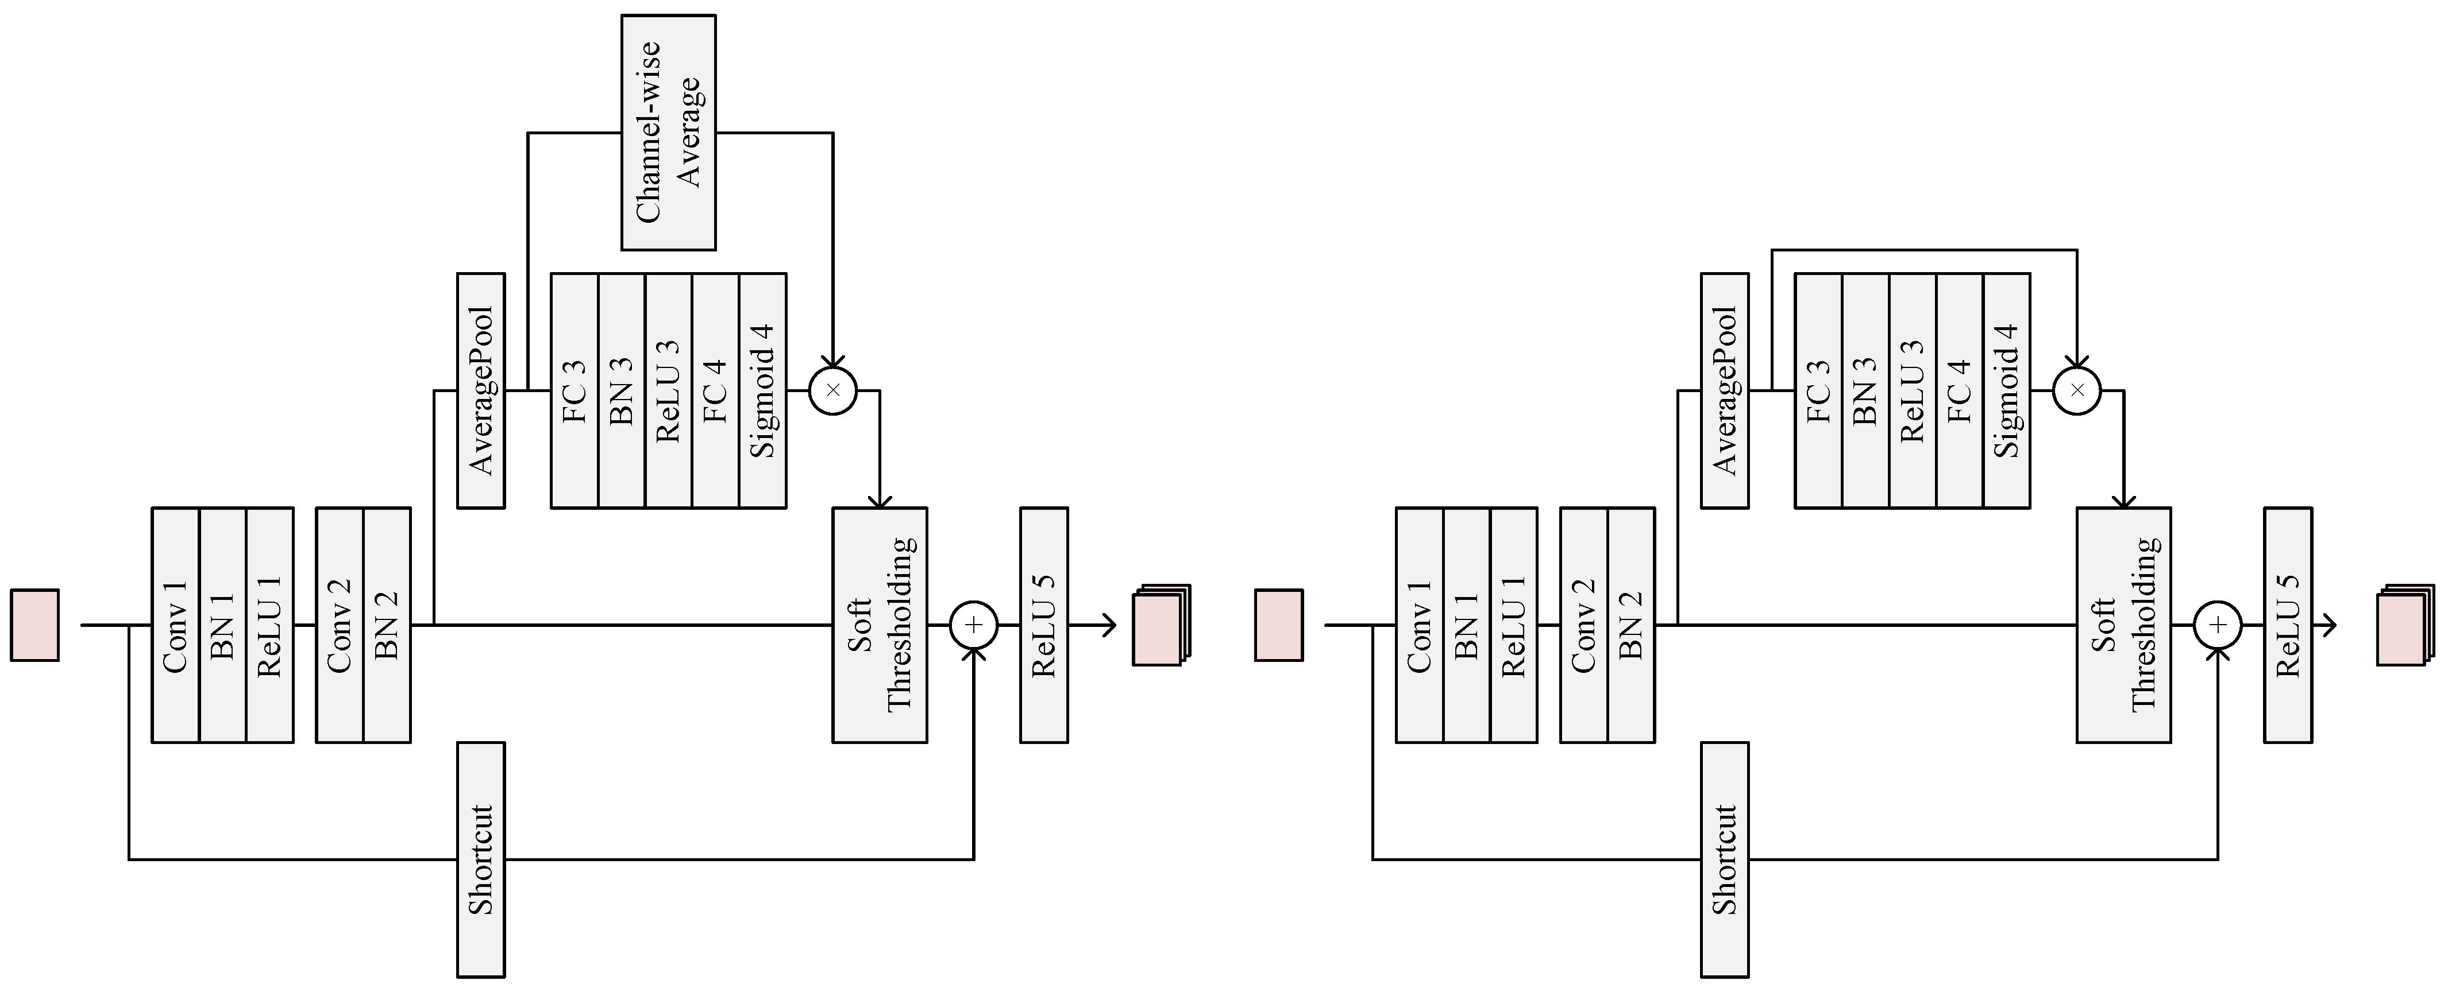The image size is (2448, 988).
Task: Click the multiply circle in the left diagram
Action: pyautogui.click(x=832, y=389)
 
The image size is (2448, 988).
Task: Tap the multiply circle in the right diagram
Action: pyautogui.click(x=2076, y=389)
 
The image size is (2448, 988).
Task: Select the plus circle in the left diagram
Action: pyautogui.click(x=973, y=625)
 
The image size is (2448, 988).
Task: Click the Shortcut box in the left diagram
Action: pyautogui.click(x=481, y=860)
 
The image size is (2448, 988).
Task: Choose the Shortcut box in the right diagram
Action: pyautogui.click(x=1724, y=860)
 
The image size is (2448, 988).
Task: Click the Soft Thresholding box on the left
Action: pyautogui.click(x=879, y=625)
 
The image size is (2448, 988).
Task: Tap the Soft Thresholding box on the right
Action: pyautogui.click(x=2123, y=625)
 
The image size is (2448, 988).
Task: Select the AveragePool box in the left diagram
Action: pyautogui.click(x=481, y=390)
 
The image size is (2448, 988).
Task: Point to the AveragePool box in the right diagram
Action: pyautogui.click(x=1724, y=390)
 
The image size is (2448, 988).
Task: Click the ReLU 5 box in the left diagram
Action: pyautogui.click(x=1043, y=625)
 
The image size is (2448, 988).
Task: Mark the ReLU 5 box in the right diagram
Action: pyautogui.click(x=2287, y=625)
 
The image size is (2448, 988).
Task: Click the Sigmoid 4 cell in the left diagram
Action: pyautogui.click(x=762, y=390)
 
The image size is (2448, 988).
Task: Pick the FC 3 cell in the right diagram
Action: pyautogui.click(x=1818, y=390)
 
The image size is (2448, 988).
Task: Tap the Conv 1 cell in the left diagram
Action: pyautogui.click(x=176, y=625)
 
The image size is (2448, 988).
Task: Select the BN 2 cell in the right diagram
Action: pyautogui.click(x=1630, y=625)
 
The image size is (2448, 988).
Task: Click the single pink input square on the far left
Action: pyautogui.click(x=35, y=625)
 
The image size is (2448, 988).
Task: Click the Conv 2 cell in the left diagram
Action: pyautogui.click(x=340, y=625)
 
